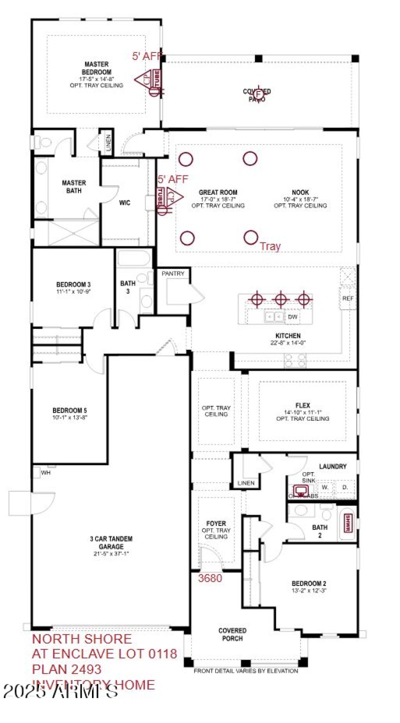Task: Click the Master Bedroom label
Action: (97, 68)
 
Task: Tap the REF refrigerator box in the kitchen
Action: (348, 298)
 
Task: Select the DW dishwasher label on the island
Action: (292, 317)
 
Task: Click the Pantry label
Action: (173, 273)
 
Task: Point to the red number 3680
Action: (210, 579)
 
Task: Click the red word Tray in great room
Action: (270, 246)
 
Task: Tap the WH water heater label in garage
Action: (45, 472)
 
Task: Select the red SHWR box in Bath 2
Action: (346, 523)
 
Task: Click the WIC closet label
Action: (125, 203)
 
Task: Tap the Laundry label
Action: (332, 466)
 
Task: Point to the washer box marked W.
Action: (324, 487)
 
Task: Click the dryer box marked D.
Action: (344, 487)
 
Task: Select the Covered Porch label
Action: (232, 635)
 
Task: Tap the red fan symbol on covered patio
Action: (258, 94)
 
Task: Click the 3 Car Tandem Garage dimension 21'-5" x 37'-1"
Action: (111, 554)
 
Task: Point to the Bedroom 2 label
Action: (309, 583)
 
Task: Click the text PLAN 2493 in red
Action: (67, 669)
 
